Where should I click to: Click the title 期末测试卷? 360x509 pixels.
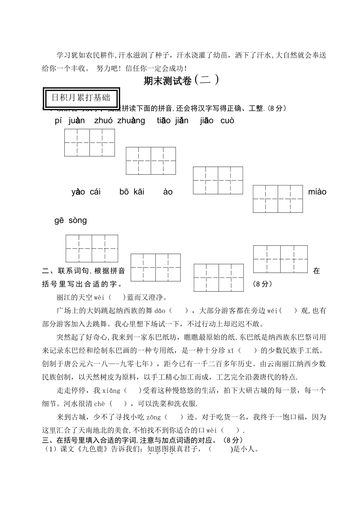167,81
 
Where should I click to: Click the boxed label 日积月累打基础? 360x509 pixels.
81,98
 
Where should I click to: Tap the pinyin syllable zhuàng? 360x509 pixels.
131,121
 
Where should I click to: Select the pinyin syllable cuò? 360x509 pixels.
227,121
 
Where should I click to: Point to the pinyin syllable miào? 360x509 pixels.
317,192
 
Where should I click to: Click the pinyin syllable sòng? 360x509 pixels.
78,220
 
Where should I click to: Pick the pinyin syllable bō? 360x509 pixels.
124,192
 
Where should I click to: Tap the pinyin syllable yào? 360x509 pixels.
78,192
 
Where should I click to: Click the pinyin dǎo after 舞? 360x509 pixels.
160,311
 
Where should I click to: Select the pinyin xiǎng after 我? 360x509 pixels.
111,390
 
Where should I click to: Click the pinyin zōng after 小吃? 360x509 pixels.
153,417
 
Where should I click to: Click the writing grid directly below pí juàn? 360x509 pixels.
89,142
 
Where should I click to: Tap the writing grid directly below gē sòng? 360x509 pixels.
92,248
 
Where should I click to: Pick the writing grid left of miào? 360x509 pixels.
278,199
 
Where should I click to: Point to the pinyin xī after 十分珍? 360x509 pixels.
230,351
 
